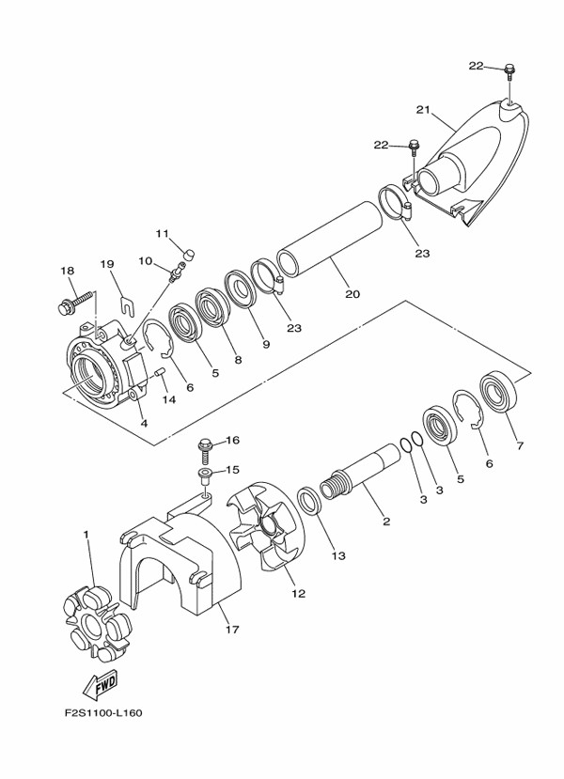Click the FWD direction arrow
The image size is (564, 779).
(101, 685)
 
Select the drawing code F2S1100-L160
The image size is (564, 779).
(103, 713)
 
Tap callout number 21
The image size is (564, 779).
(423, 110)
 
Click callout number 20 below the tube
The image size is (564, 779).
(352, 294)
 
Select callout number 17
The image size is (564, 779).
(232, 630)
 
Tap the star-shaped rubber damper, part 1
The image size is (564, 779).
(97, 623)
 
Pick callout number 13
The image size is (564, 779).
(338, 556)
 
